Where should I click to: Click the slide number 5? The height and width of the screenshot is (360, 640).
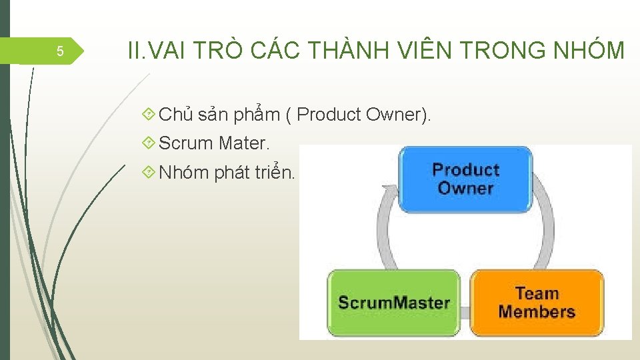[59, 51]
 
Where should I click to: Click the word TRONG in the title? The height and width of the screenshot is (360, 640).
[511, 50]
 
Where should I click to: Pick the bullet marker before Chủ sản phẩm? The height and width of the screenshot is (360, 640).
[149, 115]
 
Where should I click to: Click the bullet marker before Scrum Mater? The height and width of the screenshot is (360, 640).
[149, 143]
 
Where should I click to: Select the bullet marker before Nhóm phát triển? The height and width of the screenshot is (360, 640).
[149, 173]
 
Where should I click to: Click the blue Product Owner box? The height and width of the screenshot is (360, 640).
[465, 179]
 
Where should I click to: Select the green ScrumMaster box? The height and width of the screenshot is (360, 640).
[393, 302]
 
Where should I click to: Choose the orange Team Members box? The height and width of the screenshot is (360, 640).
[537, 302]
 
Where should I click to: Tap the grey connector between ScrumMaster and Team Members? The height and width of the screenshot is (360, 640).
[465, 311]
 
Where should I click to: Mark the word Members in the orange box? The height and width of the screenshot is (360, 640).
[537, 311]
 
